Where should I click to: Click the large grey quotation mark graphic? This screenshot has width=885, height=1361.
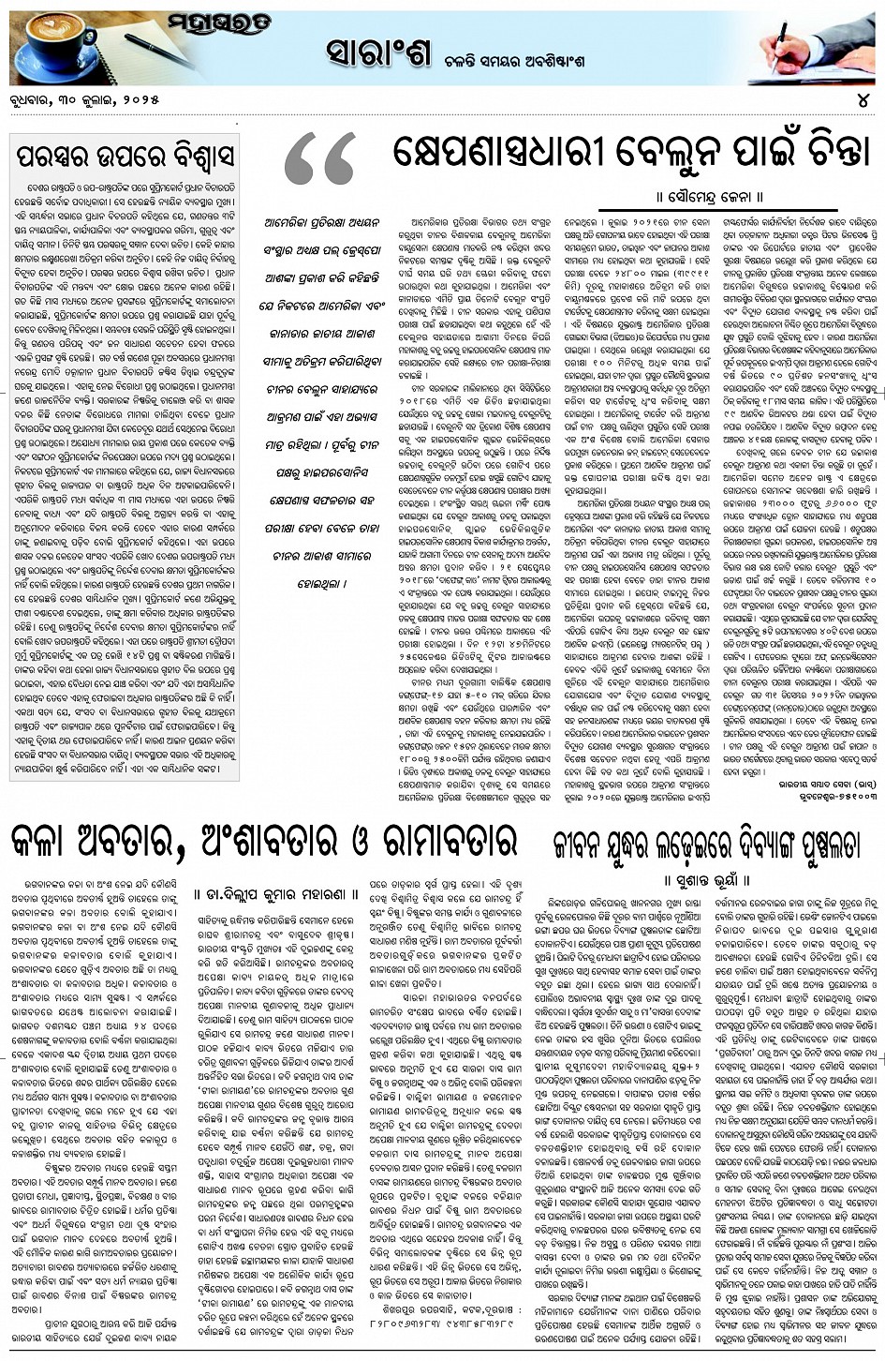click(320, 158)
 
